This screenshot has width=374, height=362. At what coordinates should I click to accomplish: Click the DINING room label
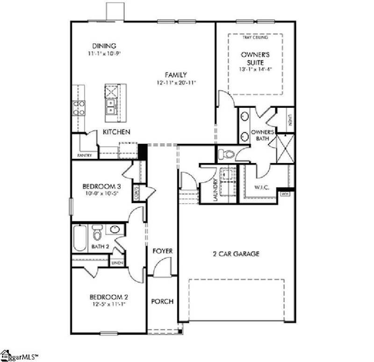104,46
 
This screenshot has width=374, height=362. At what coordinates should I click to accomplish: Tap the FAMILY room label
176,75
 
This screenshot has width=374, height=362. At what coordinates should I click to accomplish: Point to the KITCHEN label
116,132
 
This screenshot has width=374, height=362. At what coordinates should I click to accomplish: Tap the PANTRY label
85,155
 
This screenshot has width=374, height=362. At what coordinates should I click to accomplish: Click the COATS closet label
137,192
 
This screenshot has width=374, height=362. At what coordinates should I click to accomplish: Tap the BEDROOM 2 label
109,297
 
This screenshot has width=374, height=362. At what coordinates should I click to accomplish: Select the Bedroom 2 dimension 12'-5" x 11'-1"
109,304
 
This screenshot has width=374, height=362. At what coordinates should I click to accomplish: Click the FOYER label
163,251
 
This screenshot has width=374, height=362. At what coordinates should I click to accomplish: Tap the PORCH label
162,301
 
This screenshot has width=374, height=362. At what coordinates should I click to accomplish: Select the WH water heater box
285,193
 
